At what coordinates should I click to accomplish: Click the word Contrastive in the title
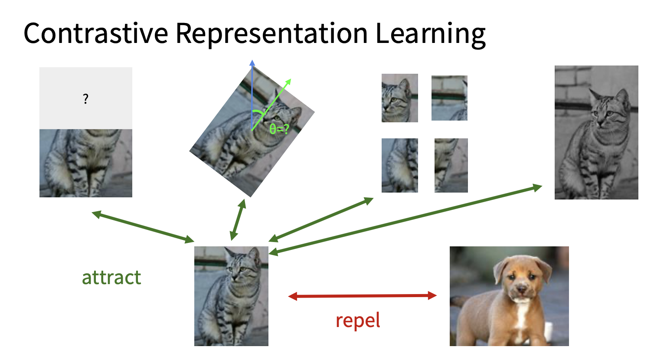95,33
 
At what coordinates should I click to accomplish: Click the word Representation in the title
271,35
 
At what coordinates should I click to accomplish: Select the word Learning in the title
431,35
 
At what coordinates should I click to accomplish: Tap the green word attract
111,278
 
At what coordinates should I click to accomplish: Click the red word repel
358,321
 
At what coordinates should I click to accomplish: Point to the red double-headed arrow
363,296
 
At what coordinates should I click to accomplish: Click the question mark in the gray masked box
86,99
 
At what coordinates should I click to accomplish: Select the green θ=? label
279,129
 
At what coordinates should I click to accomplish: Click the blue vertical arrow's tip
252,60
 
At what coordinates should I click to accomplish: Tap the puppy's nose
521,289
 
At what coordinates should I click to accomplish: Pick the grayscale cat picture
596,132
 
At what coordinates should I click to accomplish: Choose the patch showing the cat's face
399,98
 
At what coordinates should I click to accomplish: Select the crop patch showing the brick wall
449,98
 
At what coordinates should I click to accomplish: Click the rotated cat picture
252,131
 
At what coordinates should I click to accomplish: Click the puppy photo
509,296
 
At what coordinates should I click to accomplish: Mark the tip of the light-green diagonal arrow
291,79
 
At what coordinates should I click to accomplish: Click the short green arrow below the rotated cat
238,219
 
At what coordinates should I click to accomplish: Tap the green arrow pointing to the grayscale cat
405,220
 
